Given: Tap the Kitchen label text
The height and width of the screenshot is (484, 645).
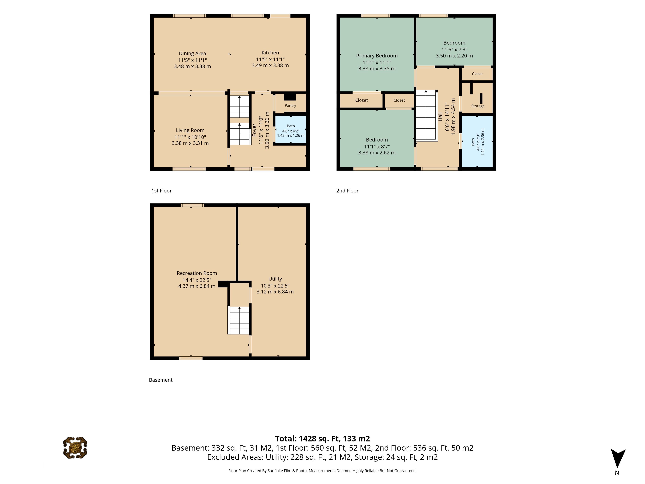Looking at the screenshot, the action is pyautogui.click(x=270, y=52).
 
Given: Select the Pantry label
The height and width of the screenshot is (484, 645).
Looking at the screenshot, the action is pyautogui.click(x=290, y=106).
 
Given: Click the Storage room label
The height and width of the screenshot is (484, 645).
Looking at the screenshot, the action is pyautogui.click(x=478, y=106).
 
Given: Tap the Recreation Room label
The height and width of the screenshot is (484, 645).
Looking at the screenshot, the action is pyautogui.click(x=197, y=273).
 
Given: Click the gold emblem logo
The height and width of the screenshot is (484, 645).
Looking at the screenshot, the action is pyautogui.click(x=75, y=448).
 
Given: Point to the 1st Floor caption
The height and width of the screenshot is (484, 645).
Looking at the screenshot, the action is pyautogui.click(x=162, y=191).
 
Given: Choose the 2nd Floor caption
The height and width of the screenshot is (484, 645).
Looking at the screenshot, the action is pyautogui.click(x=347, y=191).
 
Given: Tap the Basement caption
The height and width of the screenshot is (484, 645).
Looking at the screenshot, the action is pyautogui.click(x=161, y=380).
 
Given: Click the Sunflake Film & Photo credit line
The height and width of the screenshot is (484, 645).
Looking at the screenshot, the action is pyautogui.click(x=322, y=471).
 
